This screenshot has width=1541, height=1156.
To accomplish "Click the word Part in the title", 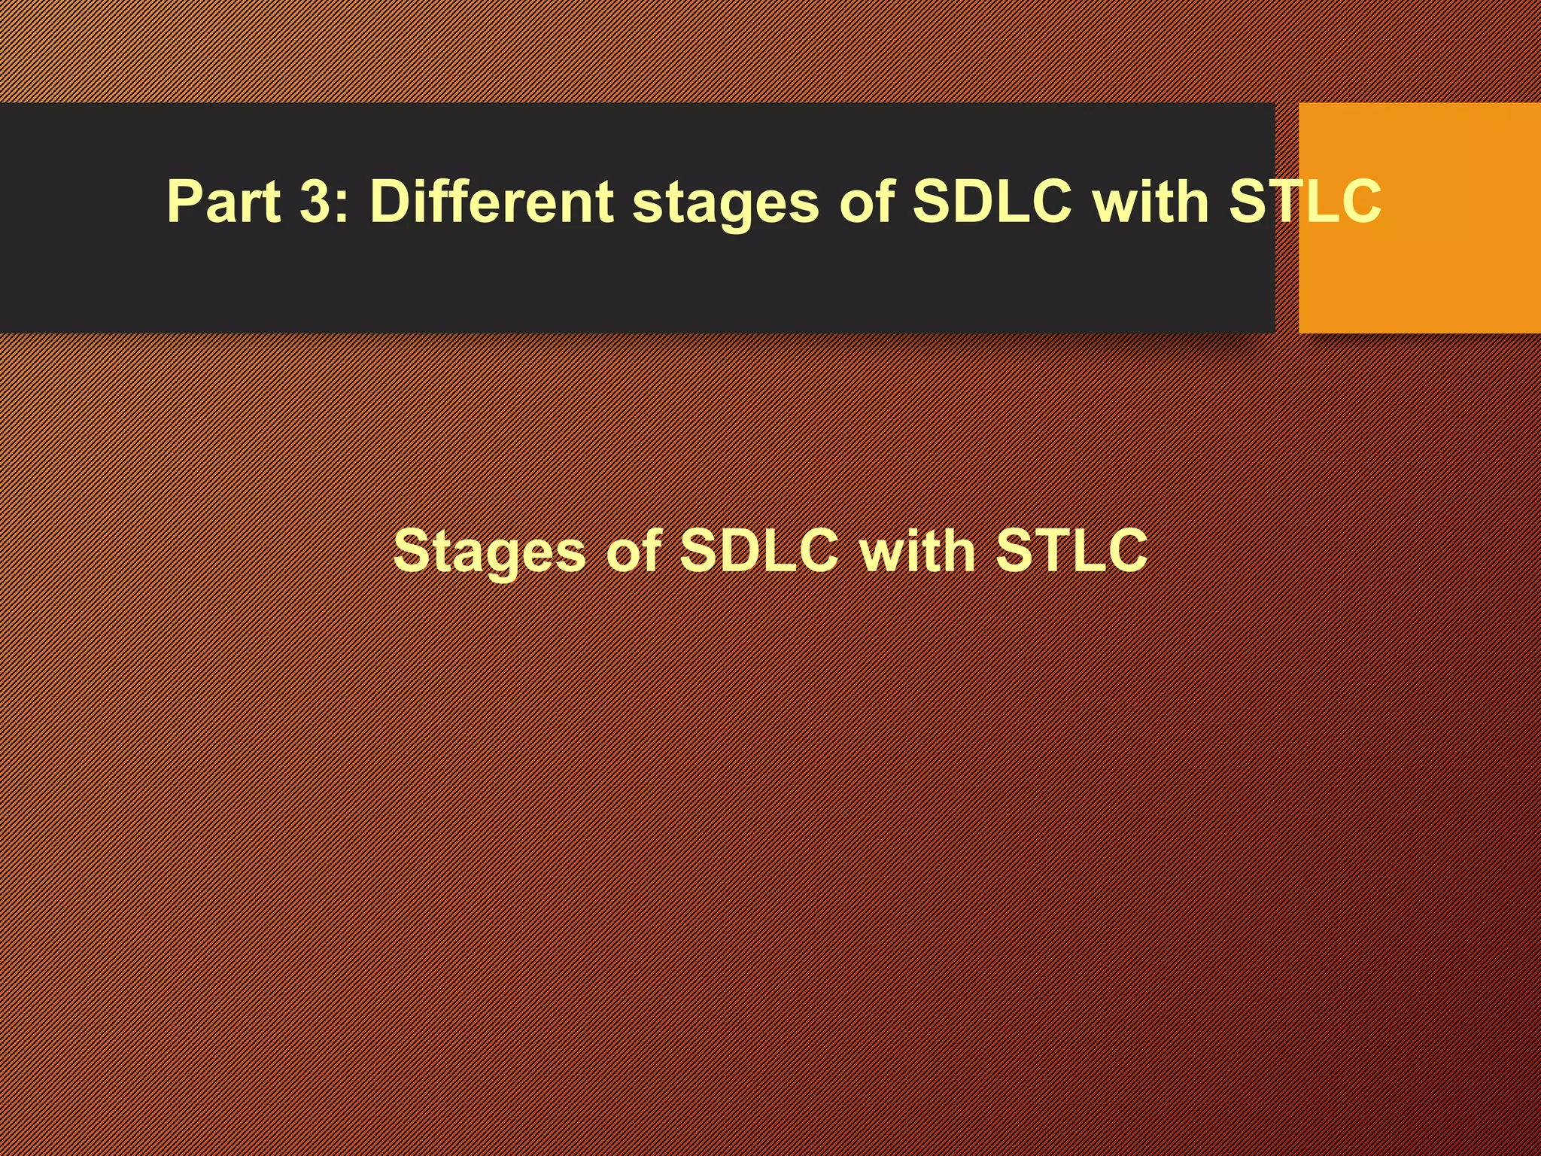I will pyautogui.click(x=223, y=202).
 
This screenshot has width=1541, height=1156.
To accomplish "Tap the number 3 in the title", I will pyautogui.click(x=315, y=202).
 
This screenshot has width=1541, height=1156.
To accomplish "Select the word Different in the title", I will pyautogui.click(x=491, y=202).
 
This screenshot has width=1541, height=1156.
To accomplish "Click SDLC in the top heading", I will pyautogui.click(x=992, y=202).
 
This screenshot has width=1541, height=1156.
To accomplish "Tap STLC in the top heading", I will pyautogui.click(x=1305, y=202).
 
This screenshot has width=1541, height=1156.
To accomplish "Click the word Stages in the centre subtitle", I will pyautogui.click(x=489, y=552).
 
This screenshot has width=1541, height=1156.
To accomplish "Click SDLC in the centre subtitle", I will pyautogui.click(x=758, y=550).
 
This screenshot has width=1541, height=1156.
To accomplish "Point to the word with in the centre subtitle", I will pyautogui.click(x=917, y=550).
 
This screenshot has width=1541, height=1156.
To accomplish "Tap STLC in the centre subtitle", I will pyautogui.click(x=1071, y=550).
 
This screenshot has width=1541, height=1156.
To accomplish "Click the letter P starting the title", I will pyautogui.click(x=185, y=202).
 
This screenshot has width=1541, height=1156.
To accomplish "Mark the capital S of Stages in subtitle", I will pyautogui.click(x=413, y=550).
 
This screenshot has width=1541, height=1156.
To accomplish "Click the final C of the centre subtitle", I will pyautogui.click(x=1123, y=550).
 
